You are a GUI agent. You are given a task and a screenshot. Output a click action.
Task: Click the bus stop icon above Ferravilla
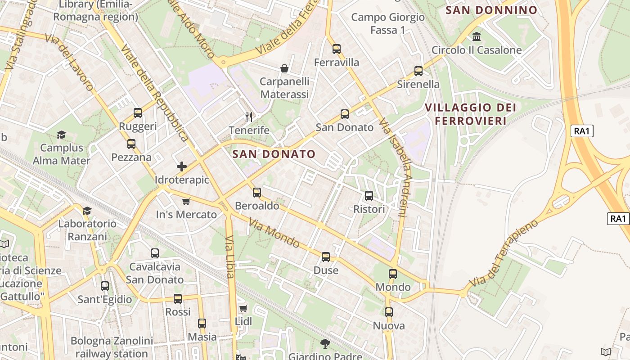(336, 49)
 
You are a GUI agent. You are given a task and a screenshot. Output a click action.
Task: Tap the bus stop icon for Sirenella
(418, 71)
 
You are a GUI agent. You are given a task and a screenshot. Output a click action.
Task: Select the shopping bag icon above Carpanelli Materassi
(284, 68)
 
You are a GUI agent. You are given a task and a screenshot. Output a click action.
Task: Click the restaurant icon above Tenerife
(249, 117)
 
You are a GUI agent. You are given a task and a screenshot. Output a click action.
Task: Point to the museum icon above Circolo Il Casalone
(477, 36)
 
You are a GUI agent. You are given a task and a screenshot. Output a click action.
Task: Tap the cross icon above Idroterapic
(182, 166)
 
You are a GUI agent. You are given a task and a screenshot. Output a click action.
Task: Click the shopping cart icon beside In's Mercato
(186, 201)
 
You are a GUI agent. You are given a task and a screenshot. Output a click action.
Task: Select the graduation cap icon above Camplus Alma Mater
(61, 135)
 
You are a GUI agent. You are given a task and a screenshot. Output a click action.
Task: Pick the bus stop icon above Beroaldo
(257, 193)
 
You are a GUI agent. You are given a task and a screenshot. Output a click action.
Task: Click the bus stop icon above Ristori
(369, 196)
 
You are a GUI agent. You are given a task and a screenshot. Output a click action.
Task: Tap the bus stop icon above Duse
(326, 257)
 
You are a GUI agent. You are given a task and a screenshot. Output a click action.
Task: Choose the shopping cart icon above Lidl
(243, 308)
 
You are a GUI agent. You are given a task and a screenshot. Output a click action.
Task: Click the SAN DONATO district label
(274, 154)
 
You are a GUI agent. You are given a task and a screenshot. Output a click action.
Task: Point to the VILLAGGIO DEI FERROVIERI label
(471, 114)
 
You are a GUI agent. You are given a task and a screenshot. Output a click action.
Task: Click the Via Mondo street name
(274, 233)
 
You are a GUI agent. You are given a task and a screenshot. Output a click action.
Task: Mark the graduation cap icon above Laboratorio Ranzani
(87, 211)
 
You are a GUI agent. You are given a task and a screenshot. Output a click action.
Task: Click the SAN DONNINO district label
(491, 10)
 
